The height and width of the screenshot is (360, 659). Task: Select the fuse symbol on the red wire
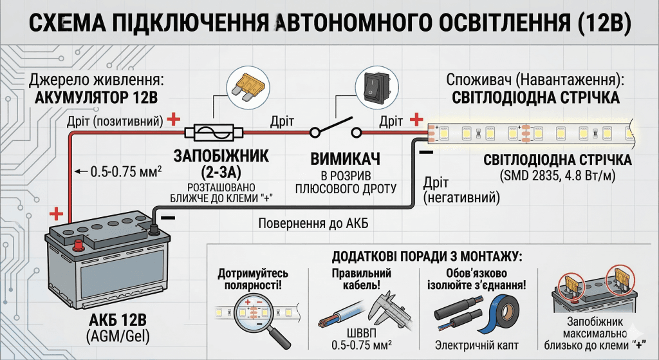(x=214, y=132)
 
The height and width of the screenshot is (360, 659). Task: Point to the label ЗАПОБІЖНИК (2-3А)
(x=214, y=164)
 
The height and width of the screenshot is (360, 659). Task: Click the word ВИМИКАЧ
(x=345, y=158)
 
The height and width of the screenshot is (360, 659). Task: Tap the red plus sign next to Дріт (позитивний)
(x=172, y=119)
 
